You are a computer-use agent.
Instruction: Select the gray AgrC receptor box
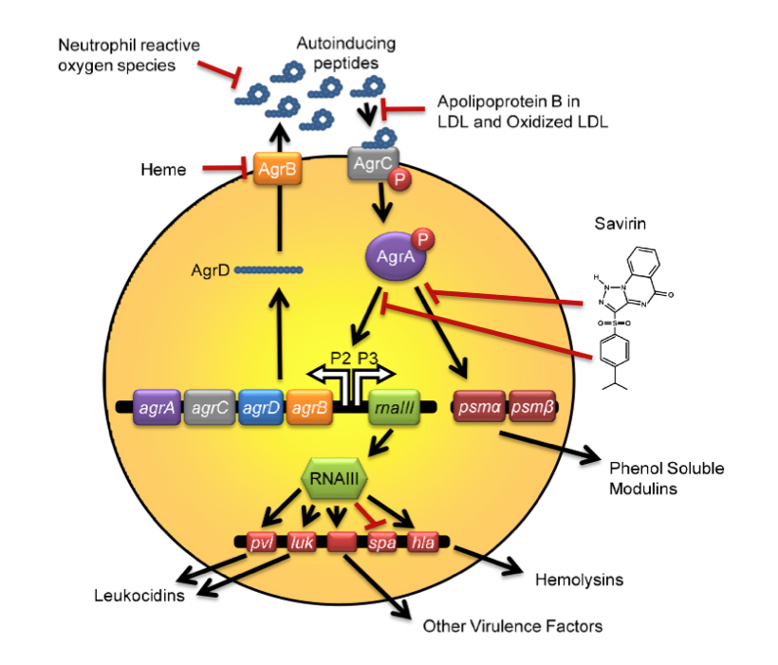[x=367, y=164]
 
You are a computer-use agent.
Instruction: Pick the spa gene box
[x=381, y=544]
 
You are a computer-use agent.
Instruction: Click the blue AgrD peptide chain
[x=269, y=269]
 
